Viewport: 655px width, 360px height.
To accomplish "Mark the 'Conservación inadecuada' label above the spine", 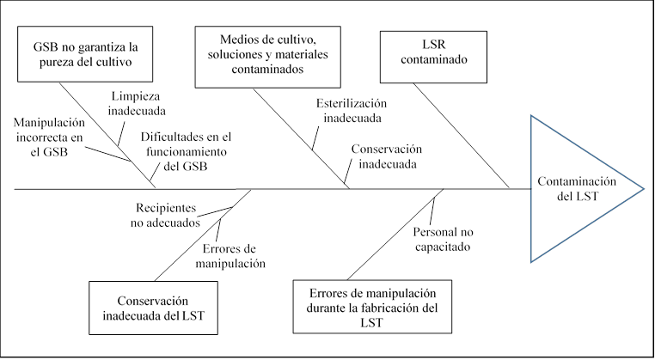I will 386,155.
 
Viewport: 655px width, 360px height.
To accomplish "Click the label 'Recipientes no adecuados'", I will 168,214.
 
